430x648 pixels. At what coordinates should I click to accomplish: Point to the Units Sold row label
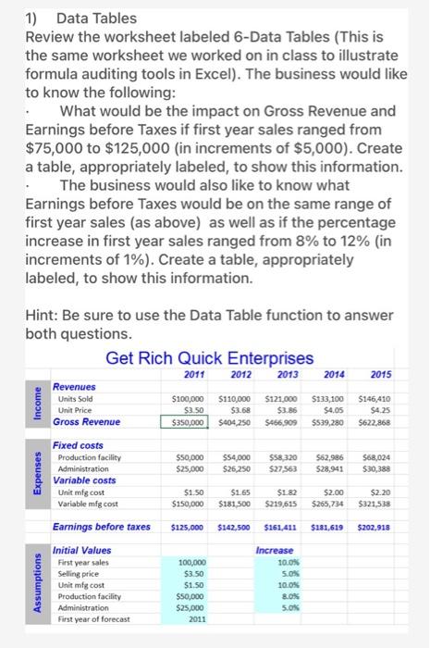(78, 398)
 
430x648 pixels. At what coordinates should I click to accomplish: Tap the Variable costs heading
(85, 480)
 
